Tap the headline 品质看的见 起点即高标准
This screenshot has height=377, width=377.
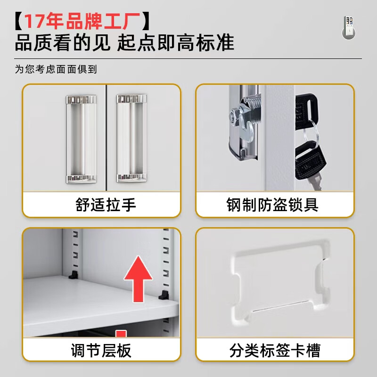pyautogui.click(x=124, y=44)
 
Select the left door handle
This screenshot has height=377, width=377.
pyautogui.click(x=80, y=138)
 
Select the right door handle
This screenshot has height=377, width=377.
pyautogui.click(x=131, y=138)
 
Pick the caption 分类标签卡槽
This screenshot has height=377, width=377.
pyautogui.click(x=275, y=351)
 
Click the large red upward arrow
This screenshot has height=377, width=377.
pyautogui.click(x=138, y=279)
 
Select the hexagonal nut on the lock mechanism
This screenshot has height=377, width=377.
pyautogui.click(x=234, y=115)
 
